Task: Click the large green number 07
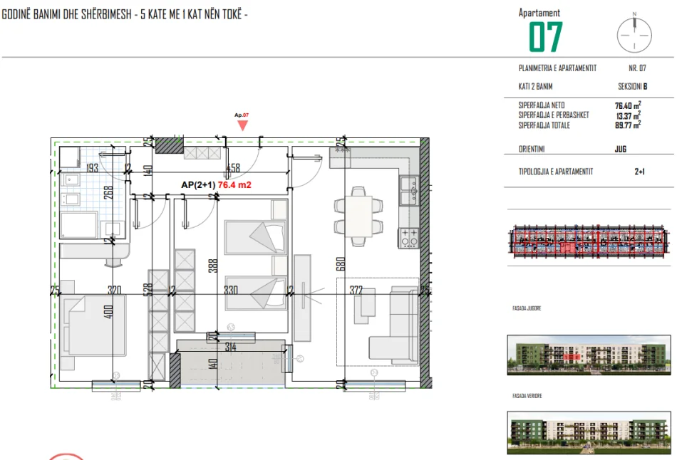coord(546,37)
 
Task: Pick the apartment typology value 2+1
coord(639,172)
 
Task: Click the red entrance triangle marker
coord(242,125)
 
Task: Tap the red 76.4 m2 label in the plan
coord(235,185)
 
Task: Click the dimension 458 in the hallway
coord(232,169)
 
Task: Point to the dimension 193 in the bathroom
coord(93,169)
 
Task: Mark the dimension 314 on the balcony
coord(229,347)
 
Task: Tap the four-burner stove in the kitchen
coord(409,236)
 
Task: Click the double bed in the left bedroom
coord(95,324)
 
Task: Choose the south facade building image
coord(588,354)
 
